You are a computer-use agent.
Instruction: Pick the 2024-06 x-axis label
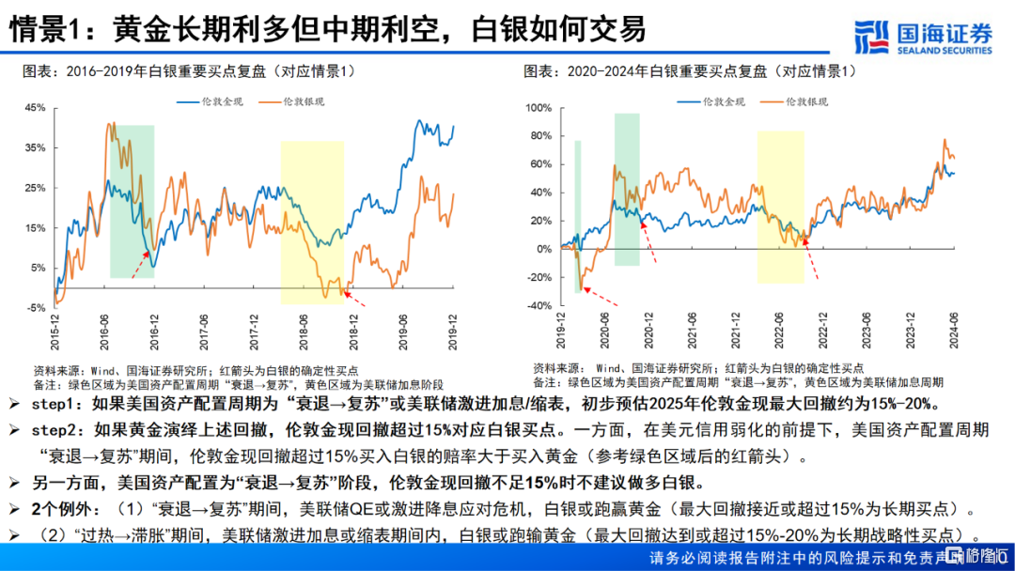[x=952, y=332]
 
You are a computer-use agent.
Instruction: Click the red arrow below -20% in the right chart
[x=602, y=297]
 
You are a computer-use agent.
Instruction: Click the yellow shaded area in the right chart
[x=780, y=207]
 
